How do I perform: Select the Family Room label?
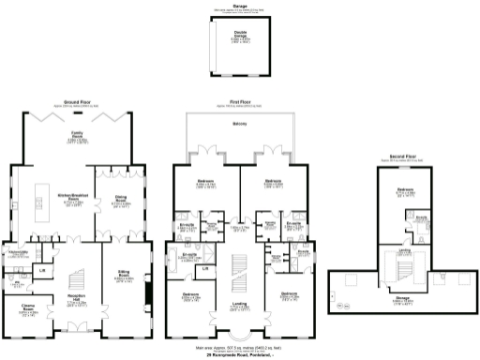(x=78, y=134)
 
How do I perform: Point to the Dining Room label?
(x=122, y=198)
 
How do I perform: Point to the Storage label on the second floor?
(x=403, y=299)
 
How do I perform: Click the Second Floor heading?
(x=404, y=156)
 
